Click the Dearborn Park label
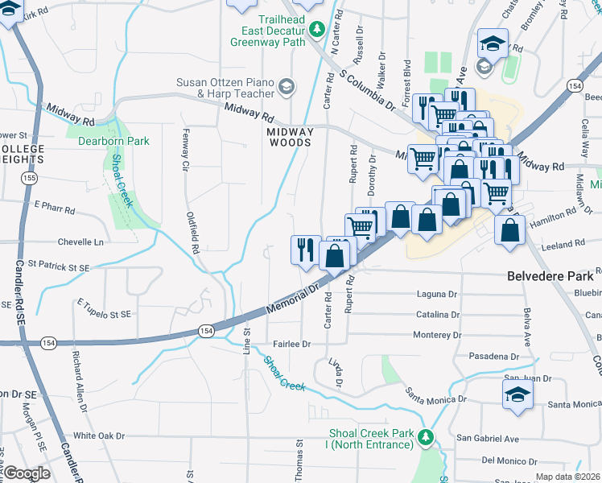(113, 141)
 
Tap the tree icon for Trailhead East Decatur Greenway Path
(317, 30)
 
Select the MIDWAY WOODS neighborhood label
(291, 137)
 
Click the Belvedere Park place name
(550, 275)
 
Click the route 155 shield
(30, 176)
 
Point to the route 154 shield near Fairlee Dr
(207, 331)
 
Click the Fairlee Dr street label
(291, 344)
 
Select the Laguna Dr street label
(436, 295)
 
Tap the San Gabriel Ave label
(488, 439)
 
